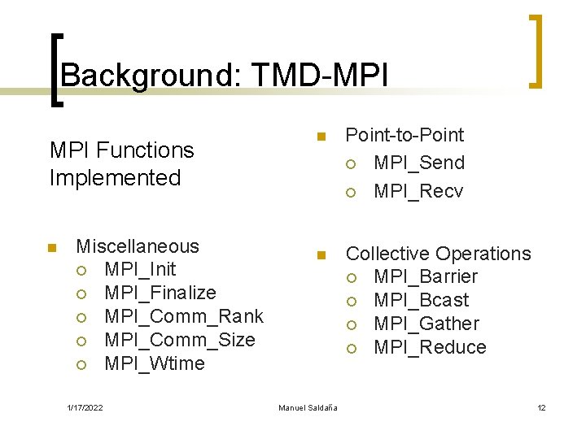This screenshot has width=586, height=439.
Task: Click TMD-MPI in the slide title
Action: pos(321,76)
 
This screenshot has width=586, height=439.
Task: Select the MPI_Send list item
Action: pos(418,163)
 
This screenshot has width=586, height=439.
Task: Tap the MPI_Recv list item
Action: pos(418,191)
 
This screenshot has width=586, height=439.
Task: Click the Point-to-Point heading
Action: pos(405,135)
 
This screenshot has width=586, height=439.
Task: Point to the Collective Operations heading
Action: pos(438,254)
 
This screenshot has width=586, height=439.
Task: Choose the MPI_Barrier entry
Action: pos(425,277)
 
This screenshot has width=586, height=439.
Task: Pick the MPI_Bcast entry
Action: pos(421,300)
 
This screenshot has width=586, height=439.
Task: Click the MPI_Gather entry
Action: pos(426,324)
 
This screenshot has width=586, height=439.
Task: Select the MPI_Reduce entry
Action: pos(429,347)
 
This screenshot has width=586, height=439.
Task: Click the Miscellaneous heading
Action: pos(137,246)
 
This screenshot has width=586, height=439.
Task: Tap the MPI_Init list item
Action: pos(140,269)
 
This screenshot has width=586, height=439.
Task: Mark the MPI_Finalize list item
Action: pos(160,293)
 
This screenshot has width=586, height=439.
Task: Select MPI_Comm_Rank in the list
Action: pos(184,316)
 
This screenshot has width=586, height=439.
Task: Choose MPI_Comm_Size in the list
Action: pos(180,340)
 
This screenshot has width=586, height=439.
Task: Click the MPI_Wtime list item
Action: pos(155,363)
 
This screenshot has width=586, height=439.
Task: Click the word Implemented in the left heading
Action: pos(115,177)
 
